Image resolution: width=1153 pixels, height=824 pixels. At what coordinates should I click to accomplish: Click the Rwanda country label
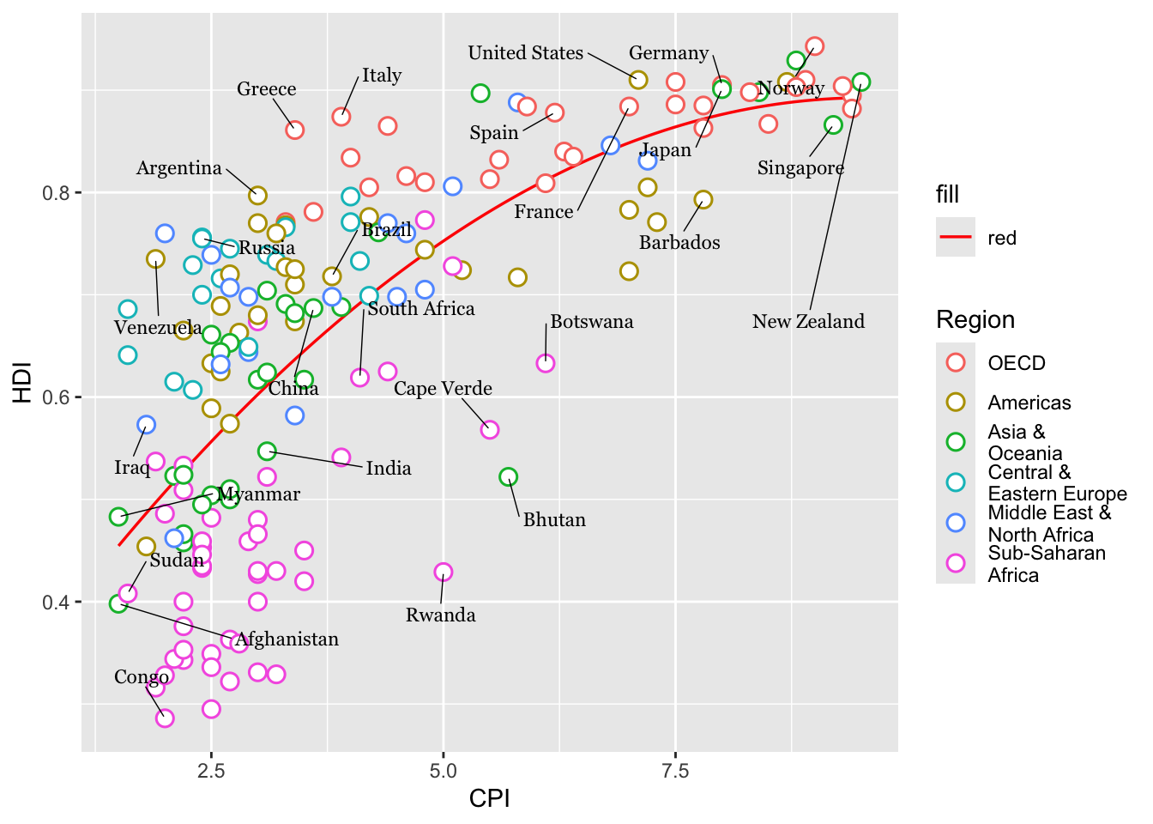pos(440,615)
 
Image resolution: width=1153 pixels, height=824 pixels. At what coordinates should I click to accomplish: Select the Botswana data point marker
pos(546,363)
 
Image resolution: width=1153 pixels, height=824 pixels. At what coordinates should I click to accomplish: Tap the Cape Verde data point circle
pos(490,429)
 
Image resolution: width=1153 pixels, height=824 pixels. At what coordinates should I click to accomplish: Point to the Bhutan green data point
pos(508,476)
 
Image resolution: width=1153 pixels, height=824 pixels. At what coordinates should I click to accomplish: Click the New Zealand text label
pos(808,322)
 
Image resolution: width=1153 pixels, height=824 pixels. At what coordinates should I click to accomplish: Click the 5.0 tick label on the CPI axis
pos(443,770)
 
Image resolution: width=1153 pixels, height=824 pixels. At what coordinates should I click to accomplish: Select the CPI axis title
pos(489,798)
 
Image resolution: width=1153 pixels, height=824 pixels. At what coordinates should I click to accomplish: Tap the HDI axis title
pos(22,382)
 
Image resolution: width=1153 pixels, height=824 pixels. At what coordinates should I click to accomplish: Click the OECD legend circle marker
pos(956,362)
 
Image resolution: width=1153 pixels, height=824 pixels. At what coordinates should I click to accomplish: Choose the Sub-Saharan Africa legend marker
pos(956,563)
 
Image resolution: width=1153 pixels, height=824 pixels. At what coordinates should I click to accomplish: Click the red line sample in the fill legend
pos(956,238)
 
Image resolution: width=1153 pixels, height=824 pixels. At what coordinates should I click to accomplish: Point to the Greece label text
pos(267,89)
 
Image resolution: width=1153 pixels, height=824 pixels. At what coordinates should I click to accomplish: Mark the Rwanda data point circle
pos(444,572)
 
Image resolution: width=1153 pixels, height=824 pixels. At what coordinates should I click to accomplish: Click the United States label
pos(525,53)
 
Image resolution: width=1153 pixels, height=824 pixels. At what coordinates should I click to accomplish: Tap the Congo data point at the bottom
pos(165,718)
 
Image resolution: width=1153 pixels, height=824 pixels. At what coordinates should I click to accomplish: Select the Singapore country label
pos(800,168)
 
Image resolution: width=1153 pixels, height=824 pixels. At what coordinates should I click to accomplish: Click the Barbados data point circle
pos(703,200)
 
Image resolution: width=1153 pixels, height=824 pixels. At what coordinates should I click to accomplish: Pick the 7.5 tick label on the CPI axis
pos(675,770)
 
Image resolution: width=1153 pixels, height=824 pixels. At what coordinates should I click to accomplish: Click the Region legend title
pos(975,319)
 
